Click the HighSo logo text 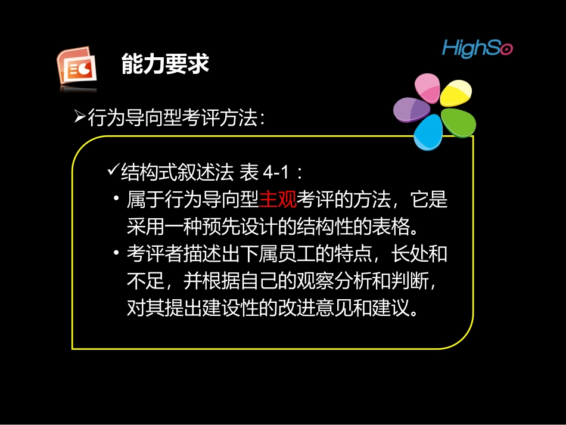pyautogui.click(x=477, y=48)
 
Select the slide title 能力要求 pyautogui.click(x=165, y=64)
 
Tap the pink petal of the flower pyautogui.click(x=427, y=88)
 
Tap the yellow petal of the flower pyautogui.click(x=456, y=92)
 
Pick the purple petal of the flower pyautogui.click(x=411, y=111)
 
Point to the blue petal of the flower pyautogui.click(x=428, y=133)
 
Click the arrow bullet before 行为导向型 pyautogui.click(x=80, y=117)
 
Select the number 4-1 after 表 pyautogui.click(x=275, y=173)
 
